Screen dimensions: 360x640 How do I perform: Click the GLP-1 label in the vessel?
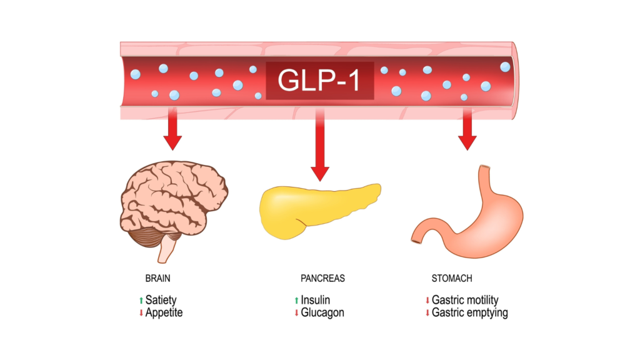[319, 80]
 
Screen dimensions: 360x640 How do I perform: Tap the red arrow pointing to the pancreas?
[320, 150]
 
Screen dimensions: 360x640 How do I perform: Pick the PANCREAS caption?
[322, 278]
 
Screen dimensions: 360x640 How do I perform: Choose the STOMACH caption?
[452, 278]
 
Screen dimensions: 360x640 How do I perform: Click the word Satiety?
[161, 301]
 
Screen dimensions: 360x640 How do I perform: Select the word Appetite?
[164, 312]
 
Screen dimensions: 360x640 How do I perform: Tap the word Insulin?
[315, 301]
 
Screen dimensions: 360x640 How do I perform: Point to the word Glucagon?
[322, 312]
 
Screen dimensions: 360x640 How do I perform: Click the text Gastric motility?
[465, 301]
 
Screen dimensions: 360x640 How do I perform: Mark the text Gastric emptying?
[469, 312]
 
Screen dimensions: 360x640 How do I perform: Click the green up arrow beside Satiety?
[141, 301]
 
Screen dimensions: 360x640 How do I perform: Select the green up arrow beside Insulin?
[297, 301]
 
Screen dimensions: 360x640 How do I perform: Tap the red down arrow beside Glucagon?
[297, 312]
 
